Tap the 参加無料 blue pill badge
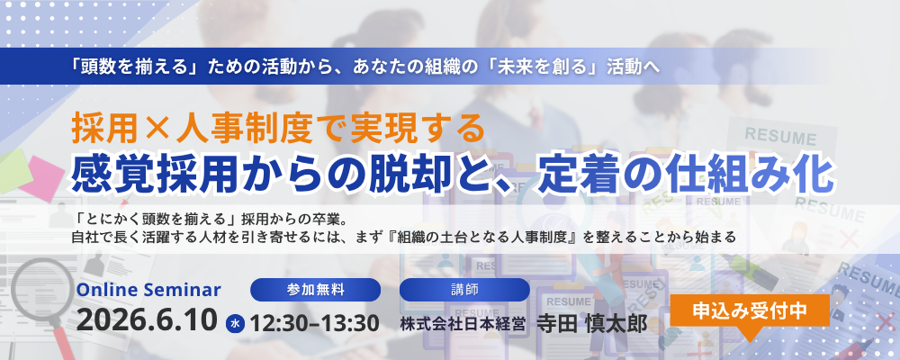click(x=315, y=290)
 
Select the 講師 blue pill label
click(x=464, y=290)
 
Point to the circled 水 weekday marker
click(x=235, y=323)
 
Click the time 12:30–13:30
click(x=314, y=323)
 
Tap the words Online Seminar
click(x=148, y=290)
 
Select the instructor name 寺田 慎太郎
click(x=591, y=323)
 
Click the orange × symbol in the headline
click(x=157, y=130)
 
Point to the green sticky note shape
click(x=14, y=170)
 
